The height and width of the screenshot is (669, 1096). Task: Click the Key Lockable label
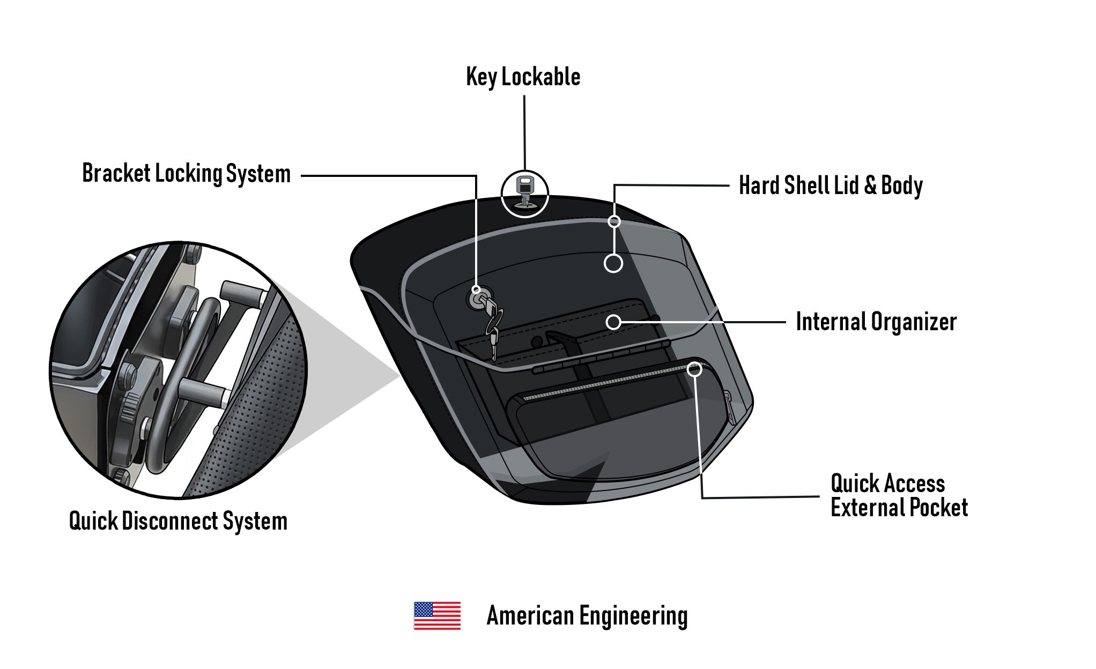[523, 77]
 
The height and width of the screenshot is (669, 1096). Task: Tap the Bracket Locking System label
[186, 174]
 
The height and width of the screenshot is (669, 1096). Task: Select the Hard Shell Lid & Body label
[831, 185]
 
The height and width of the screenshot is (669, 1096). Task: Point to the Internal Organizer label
[876, 322]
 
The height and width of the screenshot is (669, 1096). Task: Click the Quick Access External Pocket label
[899, 496]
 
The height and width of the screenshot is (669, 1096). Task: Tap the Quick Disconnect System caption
[178, 521]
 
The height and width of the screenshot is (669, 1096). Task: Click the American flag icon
[437, 615]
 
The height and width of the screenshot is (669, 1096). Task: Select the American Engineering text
[587, 616]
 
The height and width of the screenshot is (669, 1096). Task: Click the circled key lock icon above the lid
[524, 194]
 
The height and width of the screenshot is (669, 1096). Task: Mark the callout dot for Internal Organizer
[613, 322]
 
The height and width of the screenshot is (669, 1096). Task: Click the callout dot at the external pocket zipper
[694, 369]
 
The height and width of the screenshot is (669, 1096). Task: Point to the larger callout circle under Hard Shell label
[613, 263]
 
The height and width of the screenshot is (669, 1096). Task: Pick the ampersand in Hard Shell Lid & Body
[870, 185]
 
